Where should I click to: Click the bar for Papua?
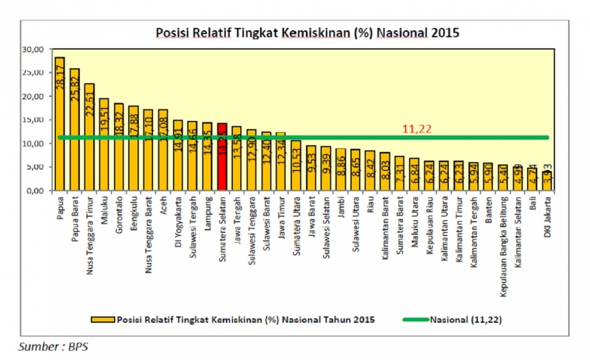pyautogui.click(x=60, y=124)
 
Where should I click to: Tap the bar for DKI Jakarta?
pyautogui.click(x=547, y=178)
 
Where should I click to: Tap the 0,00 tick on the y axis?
pyautogui.click(x=32, y=191)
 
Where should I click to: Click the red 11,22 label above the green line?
pyautogui.click(x=416, y=129)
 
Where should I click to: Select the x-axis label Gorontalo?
pyautogui.click(x=120, y=213)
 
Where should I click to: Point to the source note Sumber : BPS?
pyautogui.click(x=53, y=346)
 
